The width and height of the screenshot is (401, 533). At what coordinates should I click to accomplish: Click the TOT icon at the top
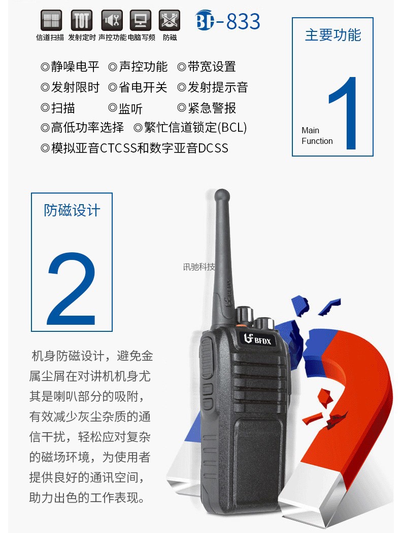pos(81,20)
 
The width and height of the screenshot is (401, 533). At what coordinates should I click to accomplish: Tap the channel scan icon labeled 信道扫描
pos(51,20)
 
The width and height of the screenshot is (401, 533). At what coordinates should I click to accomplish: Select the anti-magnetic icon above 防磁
pos(170,20)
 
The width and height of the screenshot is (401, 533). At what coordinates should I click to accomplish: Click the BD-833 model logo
pos(228,21)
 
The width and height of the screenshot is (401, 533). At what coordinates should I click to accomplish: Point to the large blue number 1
pos(344,113)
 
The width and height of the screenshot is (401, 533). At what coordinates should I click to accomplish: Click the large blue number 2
pos(72,289)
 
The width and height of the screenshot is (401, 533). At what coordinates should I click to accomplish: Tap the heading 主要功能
pos(333,35)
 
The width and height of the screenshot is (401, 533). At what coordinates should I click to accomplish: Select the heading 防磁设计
pos(72,210)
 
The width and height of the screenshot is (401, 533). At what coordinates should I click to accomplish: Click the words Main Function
pos(317,136)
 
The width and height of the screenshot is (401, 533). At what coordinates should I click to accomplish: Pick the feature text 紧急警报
pos(212,108)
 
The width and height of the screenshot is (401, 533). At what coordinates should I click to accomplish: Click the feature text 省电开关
pos(143,87)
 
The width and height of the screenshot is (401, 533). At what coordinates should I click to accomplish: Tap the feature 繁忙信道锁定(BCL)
pos(195,128)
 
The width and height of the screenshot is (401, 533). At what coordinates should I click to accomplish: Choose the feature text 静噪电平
pos(75,67)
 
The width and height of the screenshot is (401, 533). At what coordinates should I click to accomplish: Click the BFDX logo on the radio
pos(257,338)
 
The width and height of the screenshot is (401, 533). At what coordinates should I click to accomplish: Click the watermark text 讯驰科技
pos(199,267)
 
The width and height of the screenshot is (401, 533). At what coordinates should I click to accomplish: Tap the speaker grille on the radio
pos(259,383)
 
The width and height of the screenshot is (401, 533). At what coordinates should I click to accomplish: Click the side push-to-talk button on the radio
pos(206,358)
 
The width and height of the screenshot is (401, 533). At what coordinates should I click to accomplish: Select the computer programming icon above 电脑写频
pos(140,20)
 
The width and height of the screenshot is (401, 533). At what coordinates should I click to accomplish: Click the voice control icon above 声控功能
pos(112,20)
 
